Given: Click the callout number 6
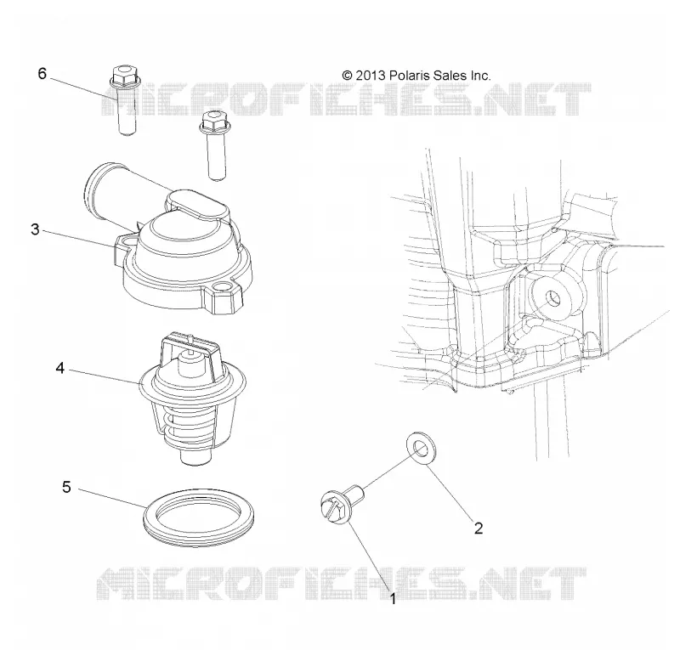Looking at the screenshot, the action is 42,74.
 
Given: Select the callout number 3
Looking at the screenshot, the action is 35,229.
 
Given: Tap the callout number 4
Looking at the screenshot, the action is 59,369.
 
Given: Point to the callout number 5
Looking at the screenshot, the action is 66,487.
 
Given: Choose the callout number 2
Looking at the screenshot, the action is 479,528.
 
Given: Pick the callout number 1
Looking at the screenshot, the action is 394,599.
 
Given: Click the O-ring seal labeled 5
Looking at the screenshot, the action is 199,517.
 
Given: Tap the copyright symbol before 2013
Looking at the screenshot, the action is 348,76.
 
